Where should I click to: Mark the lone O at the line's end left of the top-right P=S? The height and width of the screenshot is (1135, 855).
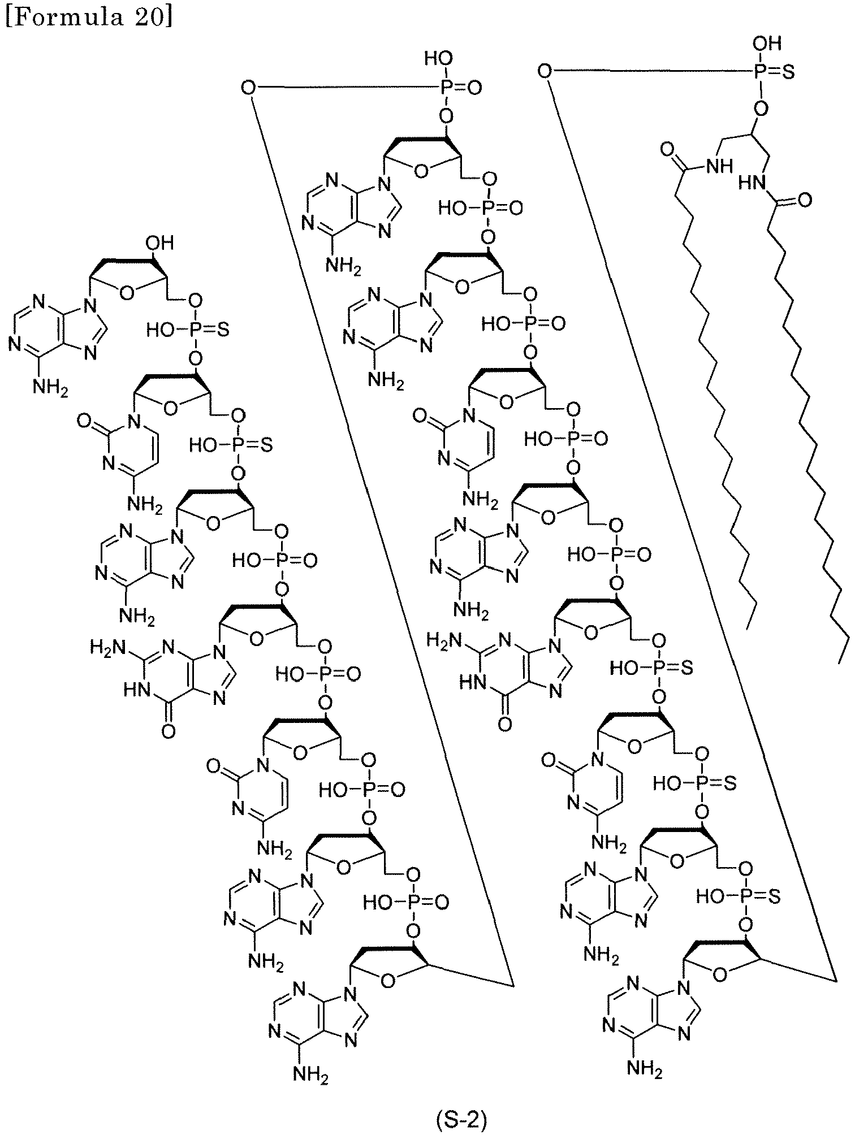(544, 71)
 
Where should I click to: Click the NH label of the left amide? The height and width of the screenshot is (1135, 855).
(718, 166)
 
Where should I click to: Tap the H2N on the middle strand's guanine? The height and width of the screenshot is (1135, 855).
(442, 640)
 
